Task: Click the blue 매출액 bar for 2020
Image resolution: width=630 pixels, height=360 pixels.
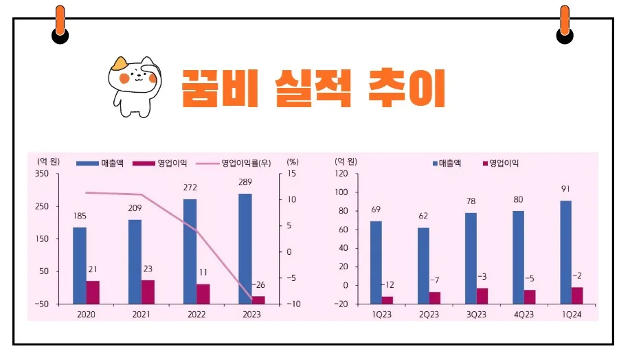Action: (80, 265)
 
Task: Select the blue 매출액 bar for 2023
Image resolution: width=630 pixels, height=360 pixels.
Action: (245, 247)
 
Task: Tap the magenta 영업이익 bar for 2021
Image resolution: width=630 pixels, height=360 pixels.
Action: (148, 291)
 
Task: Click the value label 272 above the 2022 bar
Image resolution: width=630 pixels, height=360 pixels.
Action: (190, 187)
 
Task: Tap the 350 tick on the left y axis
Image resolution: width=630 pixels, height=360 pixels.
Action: (42, 174)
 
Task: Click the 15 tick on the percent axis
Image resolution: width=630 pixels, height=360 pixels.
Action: (291, 174)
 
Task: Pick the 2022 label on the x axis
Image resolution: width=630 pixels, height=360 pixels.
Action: (196, 313)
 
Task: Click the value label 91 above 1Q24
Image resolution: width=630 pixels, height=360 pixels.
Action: (565, 189)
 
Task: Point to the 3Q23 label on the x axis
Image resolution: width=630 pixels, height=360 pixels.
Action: (477, 313)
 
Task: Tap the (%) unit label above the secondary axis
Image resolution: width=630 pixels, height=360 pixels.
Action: (293, 162)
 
